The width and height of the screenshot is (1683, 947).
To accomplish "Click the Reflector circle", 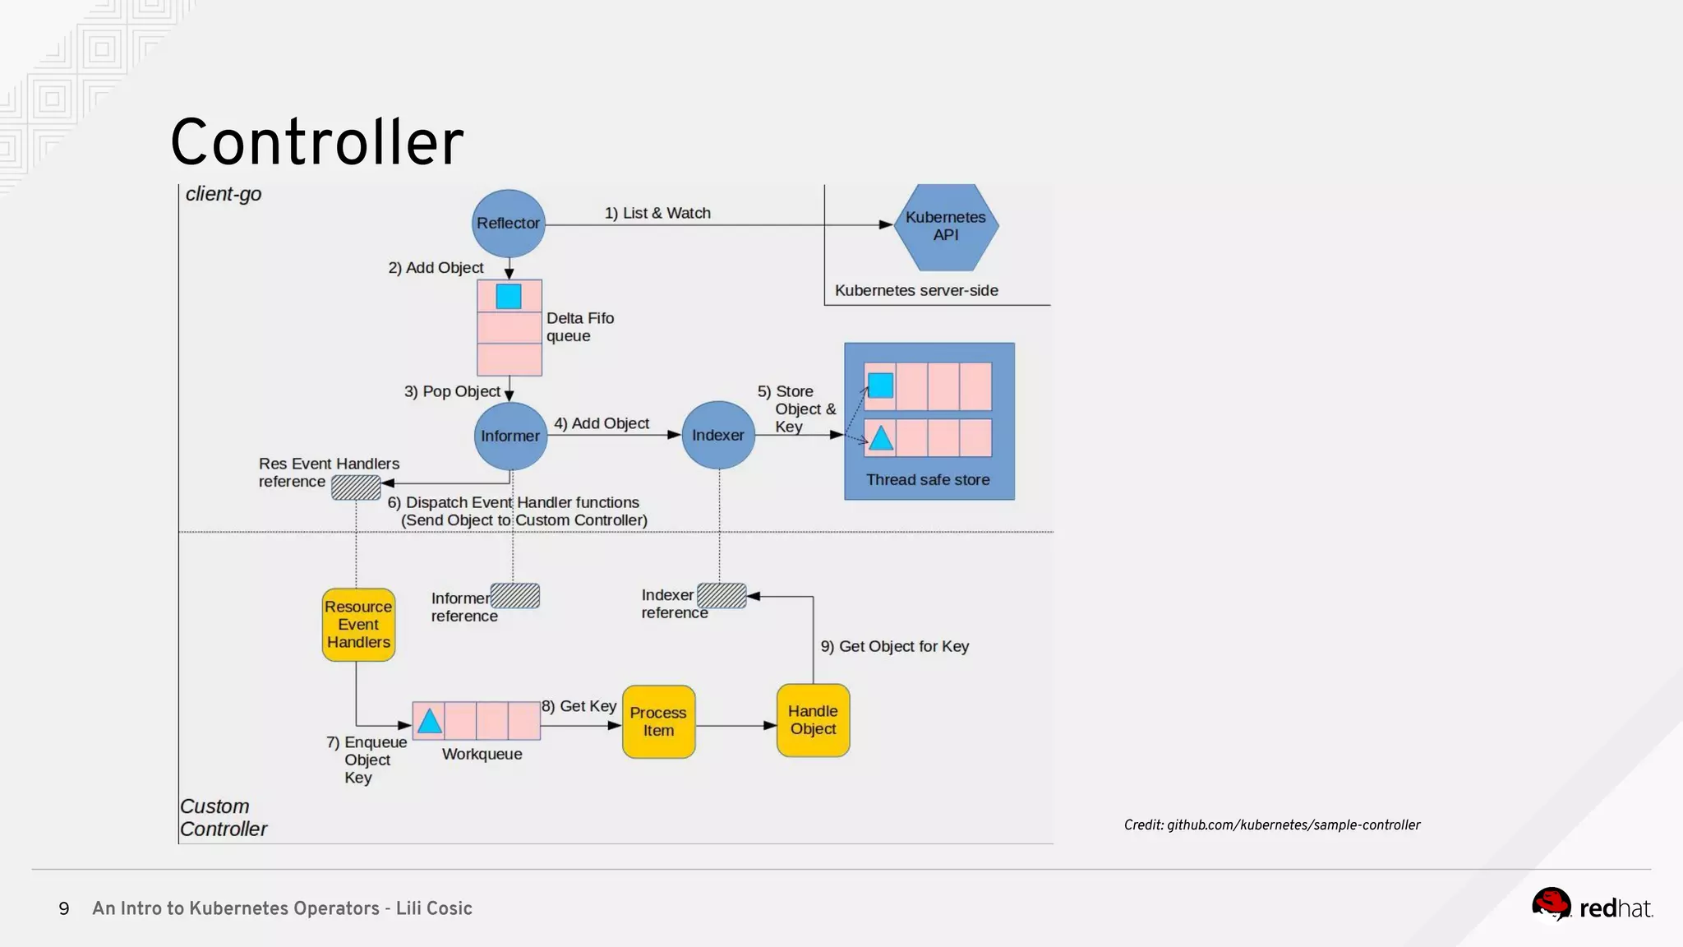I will [x=508, y=224].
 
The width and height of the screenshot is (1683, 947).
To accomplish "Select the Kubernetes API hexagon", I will [x=946, y=226].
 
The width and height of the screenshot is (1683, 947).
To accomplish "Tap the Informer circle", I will [x=510, y=436].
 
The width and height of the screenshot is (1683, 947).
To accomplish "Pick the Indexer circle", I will [x=718, y=435].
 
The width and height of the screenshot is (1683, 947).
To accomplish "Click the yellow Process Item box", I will [x=658, y=722].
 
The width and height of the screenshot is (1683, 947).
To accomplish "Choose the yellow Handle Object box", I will [x=813, y=720].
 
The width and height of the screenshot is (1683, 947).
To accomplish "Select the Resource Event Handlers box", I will [x=358, y=625].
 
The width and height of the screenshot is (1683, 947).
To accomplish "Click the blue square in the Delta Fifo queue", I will [x=509, y=296].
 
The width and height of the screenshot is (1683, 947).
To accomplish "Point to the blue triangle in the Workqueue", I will [x=429, y=722].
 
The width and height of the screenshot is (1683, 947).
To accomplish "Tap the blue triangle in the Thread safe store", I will [x=881, y=438].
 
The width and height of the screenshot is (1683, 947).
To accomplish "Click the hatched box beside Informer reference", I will [x=515, y=596].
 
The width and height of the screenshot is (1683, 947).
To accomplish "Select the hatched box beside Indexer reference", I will [x=722, y=595].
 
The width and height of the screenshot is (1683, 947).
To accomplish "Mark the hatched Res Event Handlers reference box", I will [x=356, y=487].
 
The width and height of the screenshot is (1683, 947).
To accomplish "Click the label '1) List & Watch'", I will [x=657, y=213].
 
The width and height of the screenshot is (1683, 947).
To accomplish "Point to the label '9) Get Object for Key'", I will [x=894, y=646].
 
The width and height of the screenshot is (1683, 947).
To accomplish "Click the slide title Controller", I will [x=316, y=142].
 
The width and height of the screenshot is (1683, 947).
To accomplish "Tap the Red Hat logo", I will [x=1591, y=906].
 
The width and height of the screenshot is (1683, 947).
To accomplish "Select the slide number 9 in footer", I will [x=64, y=908].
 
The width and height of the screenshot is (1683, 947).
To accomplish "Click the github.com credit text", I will [x=1271, y=825].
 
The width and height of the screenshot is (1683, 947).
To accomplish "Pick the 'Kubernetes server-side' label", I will [x=916, y=290].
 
